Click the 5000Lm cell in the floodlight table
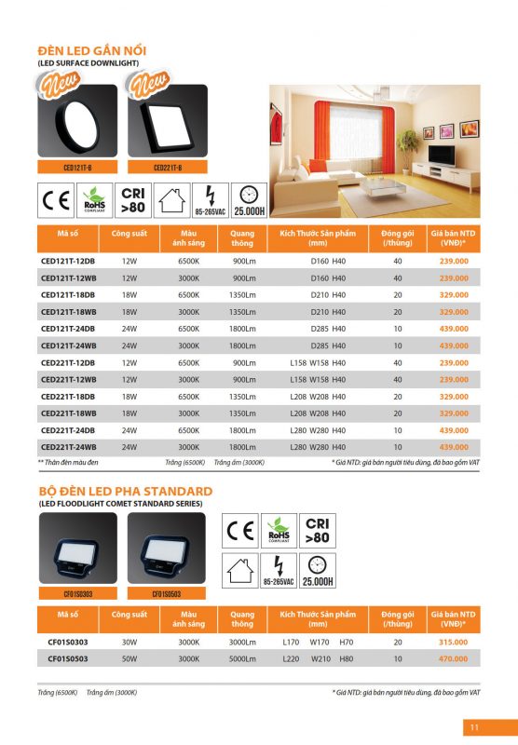click(242, 657)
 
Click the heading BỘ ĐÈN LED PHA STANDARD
click(125, 491)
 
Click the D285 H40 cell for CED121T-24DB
click(327, 328)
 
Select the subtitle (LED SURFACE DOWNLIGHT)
click(88, 62)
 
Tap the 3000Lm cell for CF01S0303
click(242, 642)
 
